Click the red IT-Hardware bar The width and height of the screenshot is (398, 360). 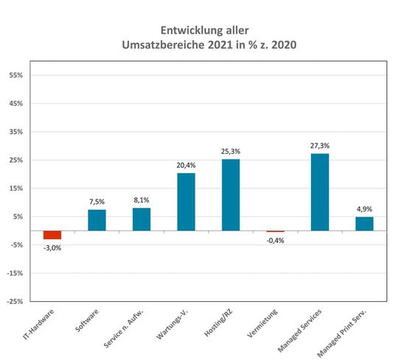pos(52,235)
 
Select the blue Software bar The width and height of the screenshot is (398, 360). pos(97,220)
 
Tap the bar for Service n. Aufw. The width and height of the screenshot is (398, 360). pos(142,219)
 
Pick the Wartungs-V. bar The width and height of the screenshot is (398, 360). pos(186,202)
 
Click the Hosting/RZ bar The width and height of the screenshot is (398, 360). pos(231,195)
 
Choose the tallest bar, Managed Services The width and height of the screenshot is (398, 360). pos(320,192)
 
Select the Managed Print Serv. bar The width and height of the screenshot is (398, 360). pos(364,224)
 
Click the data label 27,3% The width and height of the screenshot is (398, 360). pos(320,146)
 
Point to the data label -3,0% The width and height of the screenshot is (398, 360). pos(52,248)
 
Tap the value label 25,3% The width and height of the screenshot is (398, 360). pos(231,152)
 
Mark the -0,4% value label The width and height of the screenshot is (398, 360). pos(275,240)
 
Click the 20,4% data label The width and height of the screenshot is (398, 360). pos(186,166)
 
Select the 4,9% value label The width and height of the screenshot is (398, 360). pos(364,209)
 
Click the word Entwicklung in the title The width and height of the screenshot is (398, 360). pos(189,31)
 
